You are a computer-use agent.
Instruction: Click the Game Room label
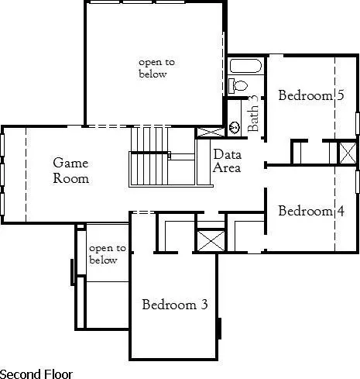[70, 171]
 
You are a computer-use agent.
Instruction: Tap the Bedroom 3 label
[175, 305]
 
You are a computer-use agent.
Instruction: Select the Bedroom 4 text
[311, 211]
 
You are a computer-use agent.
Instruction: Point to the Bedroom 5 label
[311, 96]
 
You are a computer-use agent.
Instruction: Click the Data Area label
[227, 161]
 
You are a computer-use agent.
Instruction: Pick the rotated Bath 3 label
[253, 114]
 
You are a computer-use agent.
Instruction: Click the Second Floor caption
[36, 374]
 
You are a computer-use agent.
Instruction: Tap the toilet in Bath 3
[238, 85]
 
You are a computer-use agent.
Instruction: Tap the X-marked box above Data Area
[207, 132]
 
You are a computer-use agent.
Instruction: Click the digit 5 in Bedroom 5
[340, 96]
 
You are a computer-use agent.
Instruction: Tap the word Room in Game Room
[70, 178]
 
